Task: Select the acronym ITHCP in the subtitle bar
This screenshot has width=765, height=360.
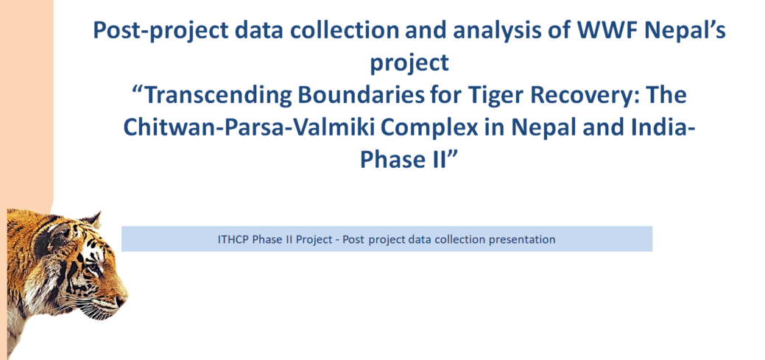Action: click(x=236, y=239)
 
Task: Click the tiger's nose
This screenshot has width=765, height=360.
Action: click(x=119, y=300)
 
